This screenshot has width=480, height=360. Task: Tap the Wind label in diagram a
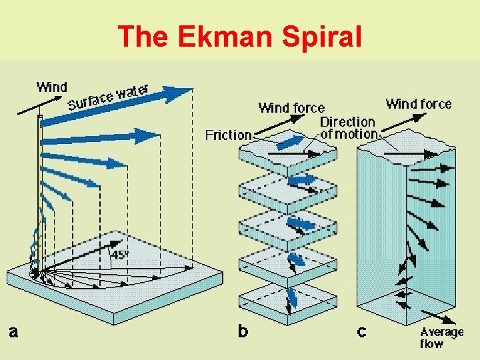pyautogui.click(x=52, y=87)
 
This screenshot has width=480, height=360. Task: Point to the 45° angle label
pyautogui.click(x=120, y=254)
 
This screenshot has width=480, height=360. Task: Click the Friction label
pyautogui.click(x=229, y=135)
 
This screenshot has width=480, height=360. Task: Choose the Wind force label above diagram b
pyautogui.click(x=291, y=107)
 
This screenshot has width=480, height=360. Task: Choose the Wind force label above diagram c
pyautogui.click(x=418, y=103)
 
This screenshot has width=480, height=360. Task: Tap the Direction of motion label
pyautogui.click(x=348, y=127)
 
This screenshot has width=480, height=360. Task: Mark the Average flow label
pyautogui.click(x=441, y=337)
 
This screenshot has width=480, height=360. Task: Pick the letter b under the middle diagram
pyautogui.click(x=244, y=331)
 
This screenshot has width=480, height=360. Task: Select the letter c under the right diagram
pyautogui.click(x=361, y=332)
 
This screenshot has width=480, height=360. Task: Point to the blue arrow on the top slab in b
pyautogui.click(x=288, y=143)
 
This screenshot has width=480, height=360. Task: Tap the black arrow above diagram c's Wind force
pyautogui.click(x=407, y=119)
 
